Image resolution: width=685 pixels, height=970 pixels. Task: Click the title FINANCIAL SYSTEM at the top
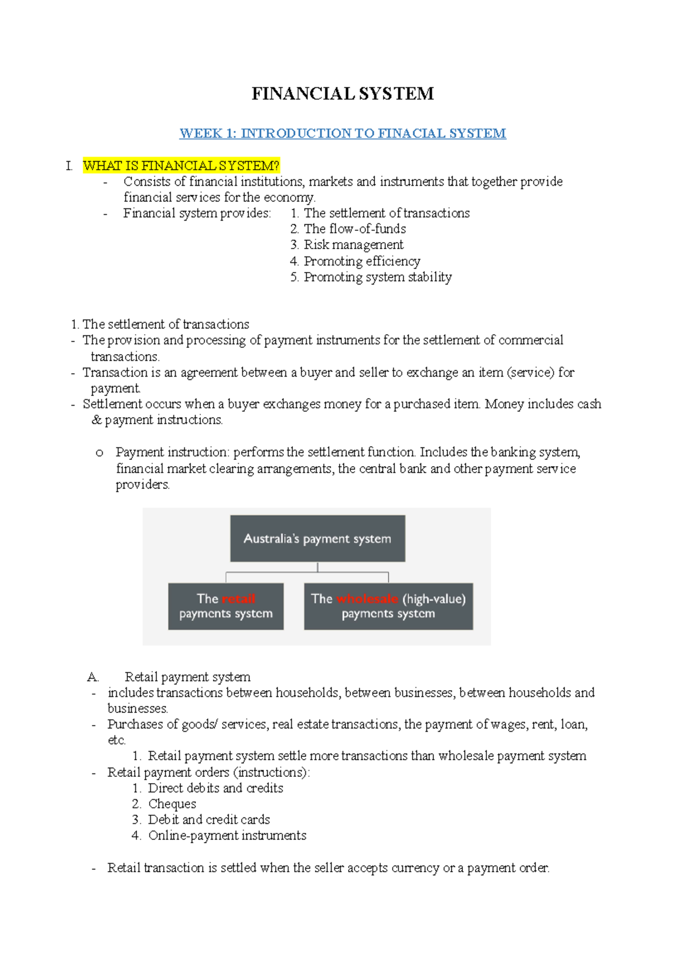[342, 94]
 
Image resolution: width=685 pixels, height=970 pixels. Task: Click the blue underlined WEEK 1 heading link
[342, 134]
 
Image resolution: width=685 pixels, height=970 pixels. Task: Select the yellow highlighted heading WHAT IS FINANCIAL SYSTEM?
[181, 166]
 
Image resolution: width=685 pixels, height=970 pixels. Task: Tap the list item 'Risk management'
[353, 245]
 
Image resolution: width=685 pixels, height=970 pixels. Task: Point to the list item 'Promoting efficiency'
[362, 261]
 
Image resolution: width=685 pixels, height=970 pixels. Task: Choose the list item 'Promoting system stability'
[377, 277]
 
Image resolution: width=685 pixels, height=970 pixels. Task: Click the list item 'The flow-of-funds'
[354, 229]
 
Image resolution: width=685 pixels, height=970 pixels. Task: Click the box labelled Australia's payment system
[317, 539]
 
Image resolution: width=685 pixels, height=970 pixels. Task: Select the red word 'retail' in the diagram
[238, 599]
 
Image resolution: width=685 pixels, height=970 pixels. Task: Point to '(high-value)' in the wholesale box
[434, 599]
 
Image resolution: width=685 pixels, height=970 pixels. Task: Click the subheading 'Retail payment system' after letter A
[187, 677]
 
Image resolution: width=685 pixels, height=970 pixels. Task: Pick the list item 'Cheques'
[172, 804]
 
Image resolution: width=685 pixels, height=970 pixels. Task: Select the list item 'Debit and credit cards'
[209, 820]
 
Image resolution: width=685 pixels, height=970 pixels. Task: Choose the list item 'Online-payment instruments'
[227, 836]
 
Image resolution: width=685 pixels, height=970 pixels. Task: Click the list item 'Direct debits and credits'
[215, 788]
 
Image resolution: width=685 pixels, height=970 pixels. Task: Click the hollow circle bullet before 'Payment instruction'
[99, 453]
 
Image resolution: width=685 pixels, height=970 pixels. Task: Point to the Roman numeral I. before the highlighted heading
[69, 166]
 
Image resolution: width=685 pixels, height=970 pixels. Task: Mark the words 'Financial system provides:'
[197, 214]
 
